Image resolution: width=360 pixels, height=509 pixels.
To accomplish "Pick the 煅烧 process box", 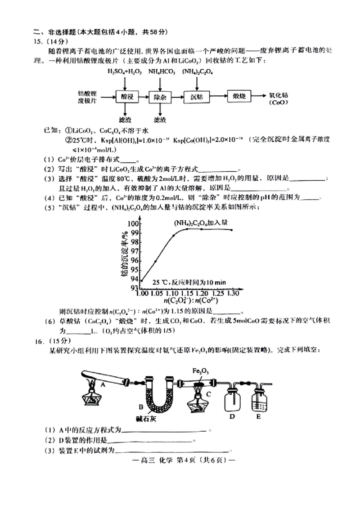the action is point(238,96).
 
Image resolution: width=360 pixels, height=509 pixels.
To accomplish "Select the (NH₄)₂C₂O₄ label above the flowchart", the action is point(198,71).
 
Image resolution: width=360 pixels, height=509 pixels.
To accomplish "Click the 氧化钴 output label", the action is point(278,95).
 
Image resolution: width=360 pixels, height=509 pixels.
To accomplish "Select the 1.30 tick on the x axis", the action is point(232,294).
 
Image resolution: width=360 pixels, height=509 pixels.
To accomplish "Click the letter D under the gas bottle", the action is point(232,416).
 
